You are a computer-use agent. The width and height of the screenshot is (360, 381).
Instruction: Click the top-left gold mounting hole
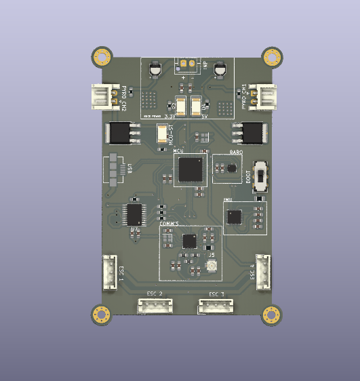click(102, 56)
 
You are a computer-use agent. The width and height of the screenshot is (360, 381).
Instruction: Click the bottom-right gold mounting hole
click(273, 315)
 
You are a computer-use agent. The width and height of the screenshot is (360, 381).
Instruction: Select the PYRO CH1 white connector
click(262, 96)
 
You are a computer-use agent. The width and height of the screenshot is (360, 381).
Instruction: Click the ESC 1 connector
click(110, 271)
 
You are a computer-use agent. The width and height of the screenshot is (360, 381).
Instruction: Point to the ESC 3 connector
click(216, 306)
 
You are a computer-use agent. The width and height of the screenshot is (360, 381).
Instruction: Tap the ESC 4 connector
click(263, 272)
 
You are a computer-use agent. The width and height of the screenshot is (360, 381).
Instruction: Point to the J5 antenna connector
click(210, 266)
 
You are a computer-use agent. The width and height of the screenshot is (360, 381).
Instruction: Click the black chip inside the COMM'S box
click(190, 241)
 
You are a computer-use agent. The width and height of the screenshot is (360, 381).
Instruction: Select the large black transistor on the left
click(118, 133)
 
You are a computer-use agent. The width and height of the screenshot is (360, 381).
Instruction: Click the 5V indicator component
click(197, 106)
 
